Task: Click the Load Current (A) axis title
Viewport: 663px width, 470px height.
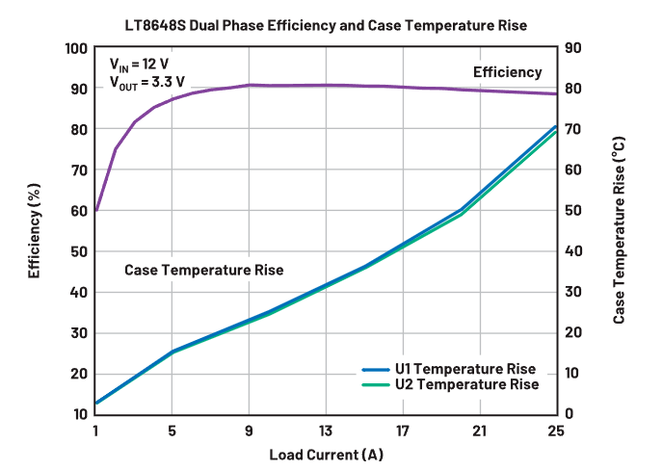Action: pos(326,453)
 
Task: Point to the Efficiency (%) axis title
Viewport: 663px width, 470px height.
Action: pos(35,230)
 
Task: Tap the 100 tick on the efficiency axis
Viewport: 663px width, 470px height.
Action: pos(76,48)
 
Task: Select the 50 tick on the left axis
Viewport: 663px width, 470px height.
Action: pos(80,251)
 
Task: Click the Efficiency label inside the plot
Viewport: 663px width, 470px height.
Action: pos(507,72)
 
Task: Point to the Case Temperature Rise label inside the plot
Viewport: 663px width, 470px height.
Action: pos(204,270)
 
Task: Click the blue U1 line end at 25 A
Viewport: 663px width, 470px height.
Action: pos(556,126)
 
